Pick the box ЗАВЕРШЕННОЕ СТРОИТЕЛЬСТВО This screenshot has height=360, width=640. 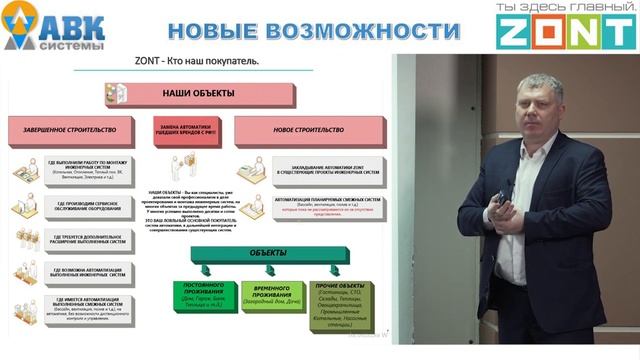(x=76, y=130)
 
